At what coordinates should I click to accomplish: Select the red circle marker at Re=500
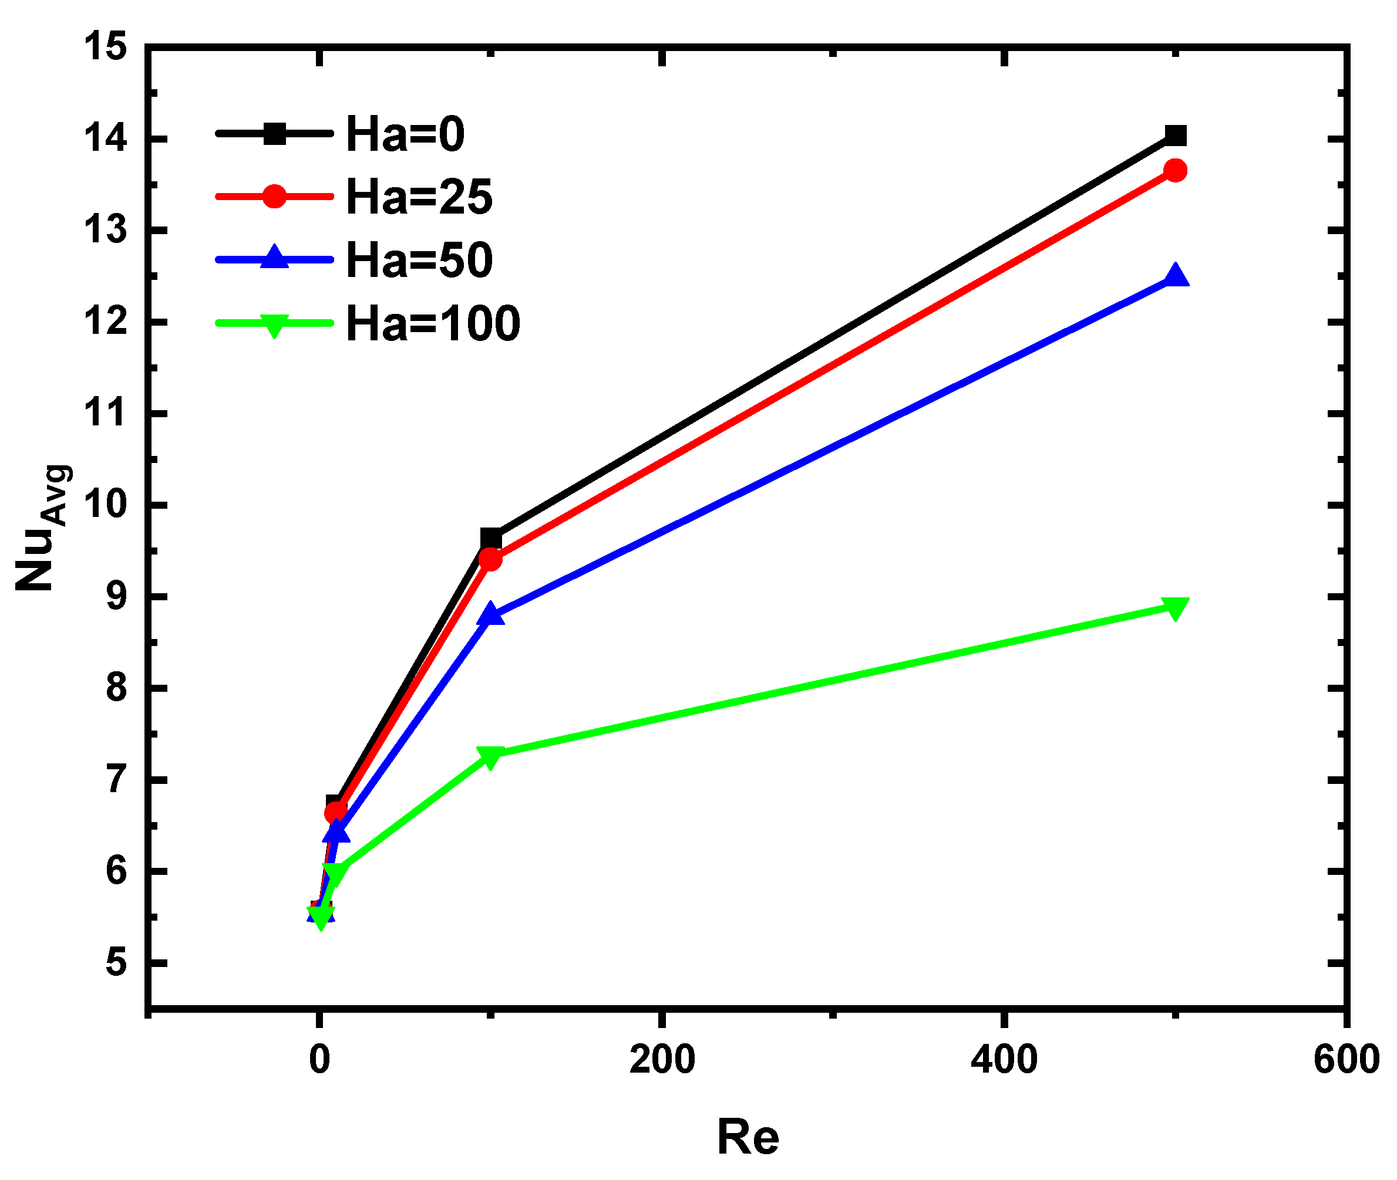1176,171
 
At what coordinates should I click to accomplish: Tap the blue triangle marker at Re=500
1176,276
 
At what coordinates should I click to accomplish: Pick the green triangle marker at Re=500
1176,607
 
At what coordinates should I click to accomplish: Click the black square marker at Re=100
491,538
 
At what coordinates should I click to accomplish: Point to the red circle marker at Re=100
491,559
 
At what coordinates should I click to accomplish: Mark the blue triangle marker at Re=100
491,613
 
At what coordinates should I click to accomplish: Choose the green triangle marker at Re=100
491,756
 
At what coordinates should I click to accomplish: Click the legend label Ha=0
405,134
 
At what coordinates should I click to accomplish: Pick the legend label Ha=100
432,324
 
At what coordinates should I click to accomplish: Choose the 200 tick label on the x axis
661,1060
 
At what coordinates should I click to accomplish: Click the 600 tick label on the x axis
1346,1060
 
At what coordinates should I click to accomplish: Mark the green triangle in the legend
274,325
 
